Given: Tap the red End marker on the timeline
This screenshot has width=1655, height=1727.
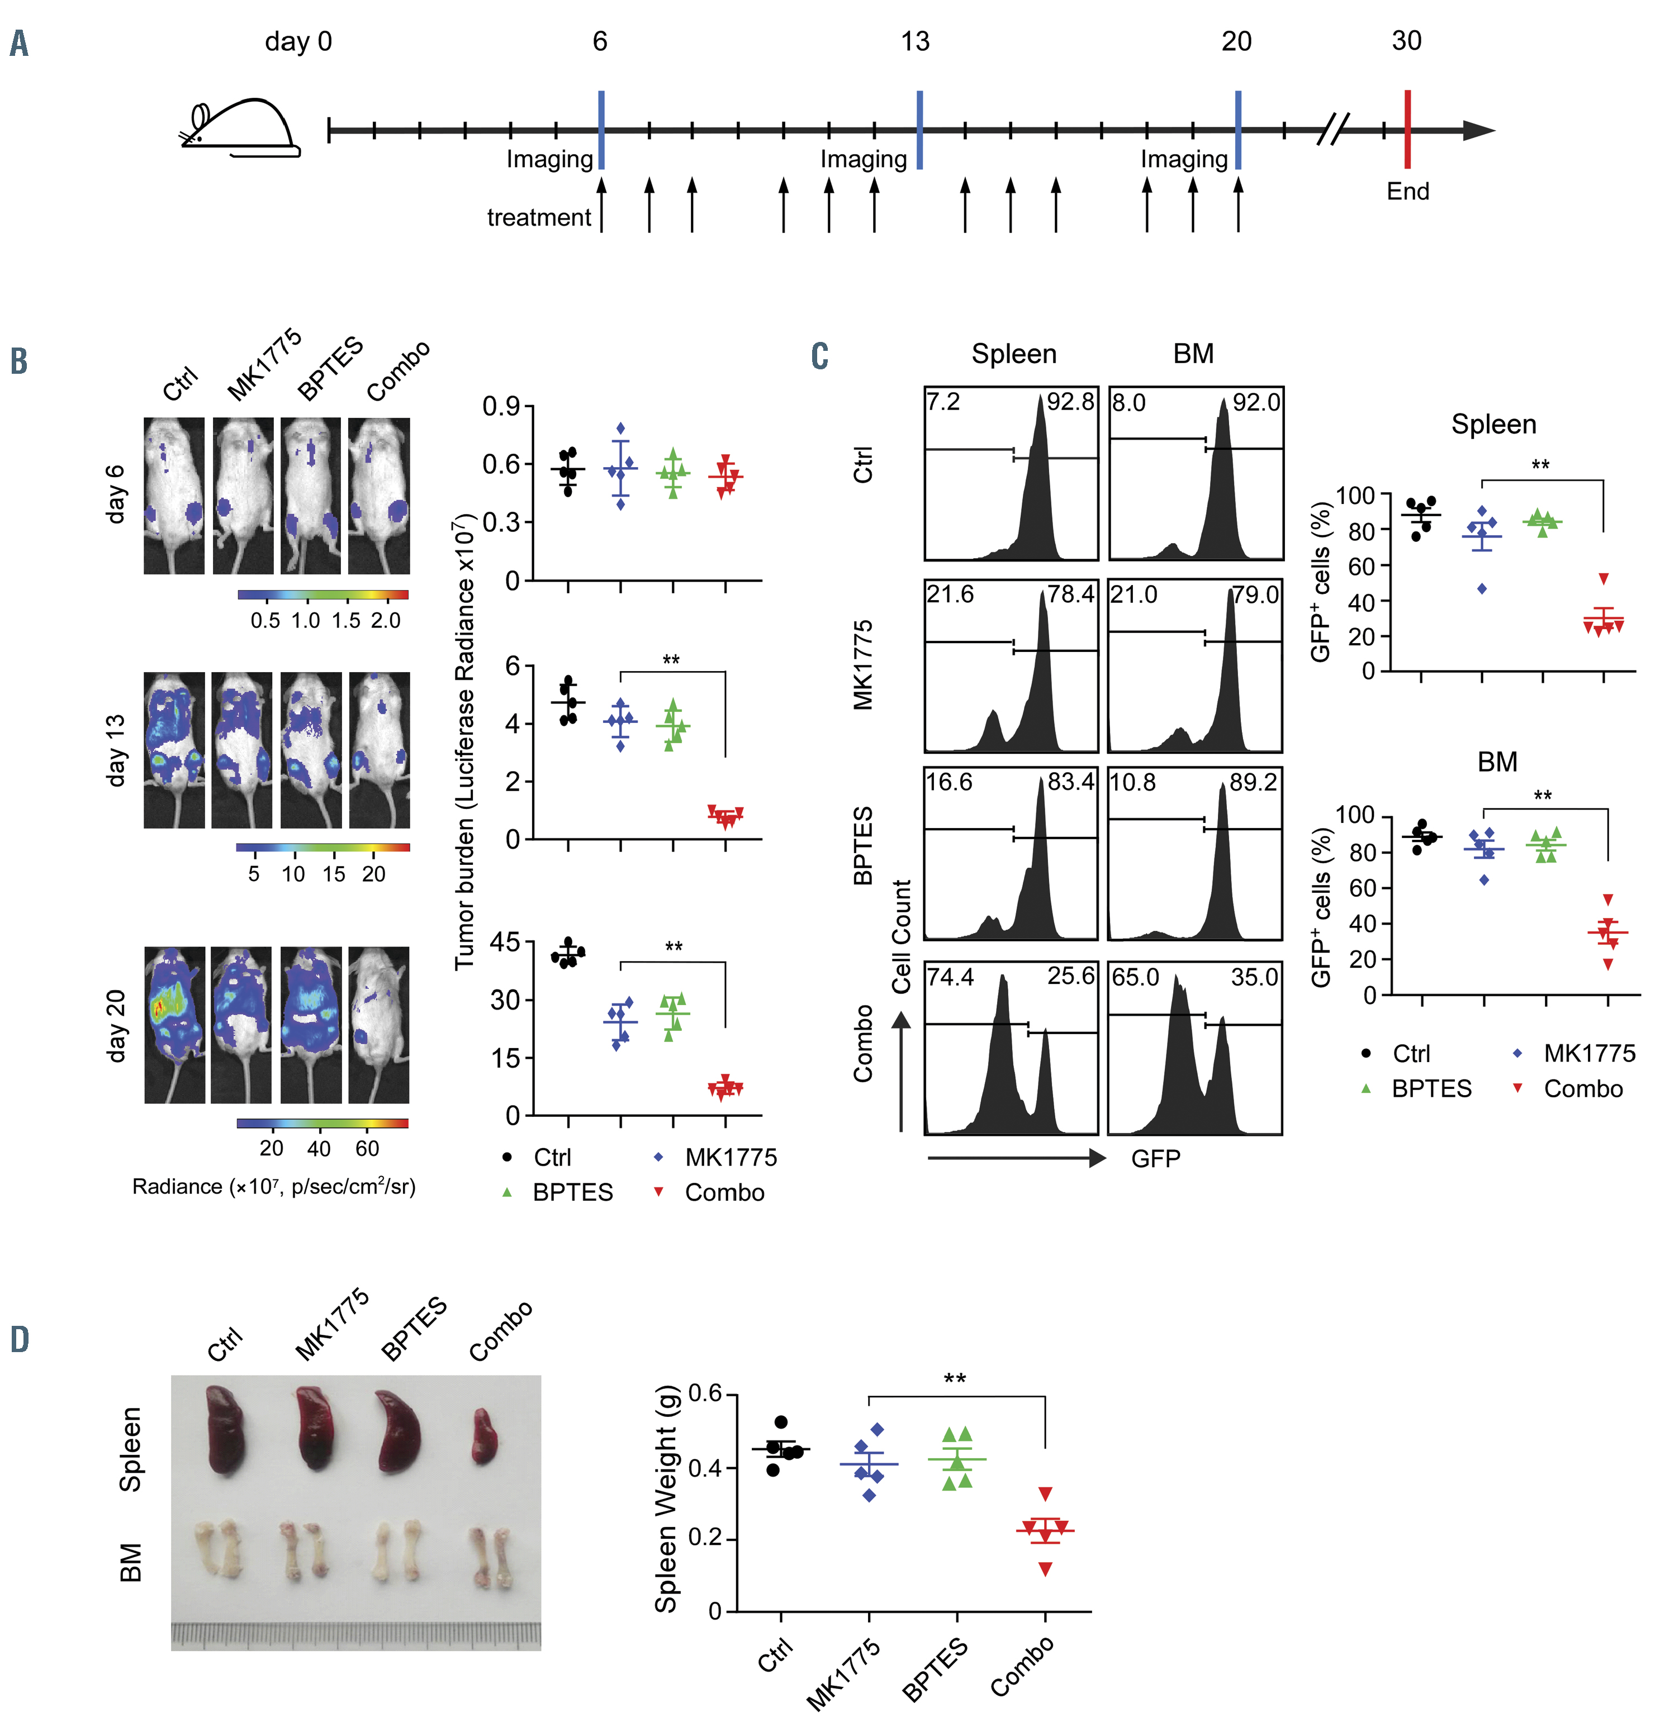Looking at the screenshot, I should click(1407, 130).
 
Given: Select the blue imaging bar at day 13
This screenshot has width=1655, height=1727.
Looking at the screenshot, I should click(919, 130).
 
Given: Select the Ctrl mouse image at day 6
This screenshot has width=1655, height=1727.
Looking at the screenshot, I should click(174, 496).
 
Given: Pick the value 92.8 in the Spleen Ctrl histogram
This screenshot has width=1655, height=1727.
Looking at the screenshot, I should click(1069, 403).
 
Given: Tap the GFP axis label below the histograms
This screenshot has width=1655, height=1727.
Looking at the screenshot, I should click(1155, 1158).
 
